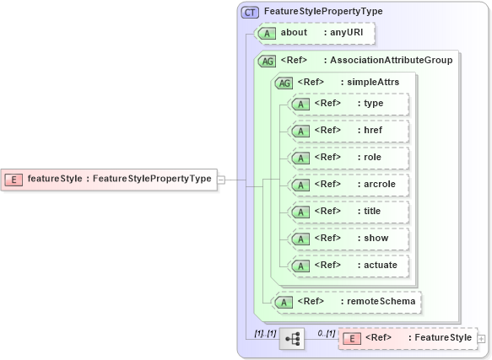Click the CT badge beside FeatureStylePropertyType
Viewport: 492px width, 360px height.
pos(250,12)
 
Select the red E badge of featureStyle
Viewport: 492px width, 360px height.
pos(14,179)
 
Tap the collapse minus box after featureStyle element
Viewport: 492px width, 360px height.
pos(220,179)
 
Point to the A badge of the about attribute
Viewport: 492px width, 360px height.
pos(268,33)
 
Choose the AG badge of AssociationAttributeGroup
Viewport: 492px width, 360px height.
pos(268,60)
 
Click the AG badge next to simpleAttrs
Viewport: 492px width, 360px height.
pos(284,82)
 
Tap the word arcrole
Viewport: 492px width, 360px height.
pos(380,184)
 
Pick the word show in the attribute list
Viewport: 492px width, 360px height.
pos(376,238)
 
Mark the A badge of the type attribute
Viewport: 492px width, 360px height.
pos(300,103)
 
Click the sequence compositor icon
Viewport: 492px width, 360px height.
pos(292,338)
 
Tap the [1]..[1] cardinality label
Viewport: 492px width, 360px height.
pos(265,333)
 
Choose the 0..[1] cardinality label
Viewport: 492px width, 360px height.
pos(326,333)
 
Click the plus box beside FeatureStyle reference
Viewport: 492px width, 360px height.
pos(482,338)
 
